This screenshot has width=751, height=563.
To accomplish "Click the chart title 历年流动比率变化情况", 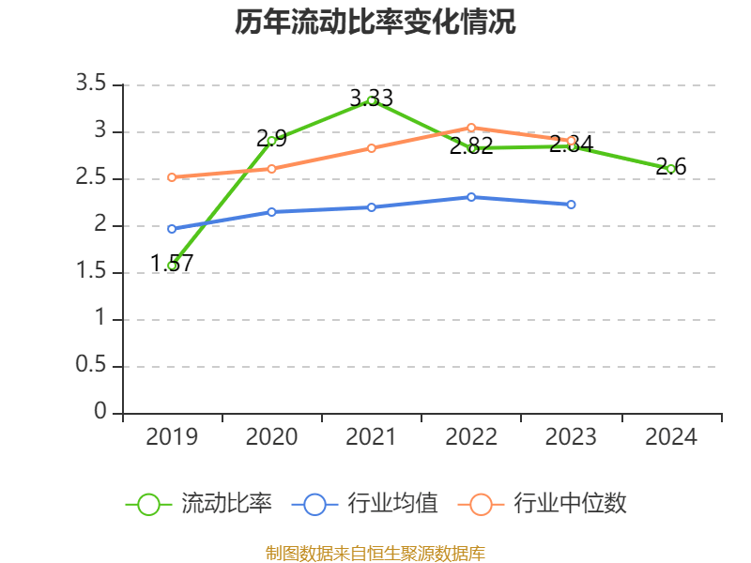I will click(x=375, y=23).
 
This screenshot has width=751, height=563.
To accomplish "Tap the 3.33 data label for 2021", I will click(x=371, y=98).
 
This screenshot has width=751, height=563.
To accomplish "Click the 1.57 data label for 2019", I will click(x=172, y=264).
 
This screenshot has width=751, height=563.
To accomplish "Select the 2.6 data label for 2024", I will click(x=671, y=167).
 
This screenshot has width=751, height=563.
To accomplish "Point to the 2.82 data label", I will click(x=471, y=146).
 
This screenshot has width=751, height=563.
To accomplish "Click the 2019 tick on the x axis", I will click(x=172, y=437).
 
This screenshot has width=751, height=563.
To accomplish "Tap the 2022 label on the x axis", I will click(x=471, y=437).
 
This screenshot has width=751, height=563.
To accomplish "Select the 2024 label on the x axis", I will click(x=671, y=437).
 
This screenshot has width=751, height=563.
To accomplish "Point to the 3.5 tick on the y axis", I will click(x=92, y=84).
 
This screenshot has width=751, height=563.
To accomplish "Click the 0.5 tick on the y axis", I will click(x=92, y=366).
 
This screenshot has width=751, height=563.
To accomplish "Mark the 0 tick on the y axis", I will click(x=101, y=413).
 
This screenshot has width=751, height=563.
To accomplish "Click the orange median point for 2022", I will click(x=471, y=127).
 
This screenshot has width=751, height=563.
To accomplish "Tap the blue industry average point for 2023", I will click(x=571, y=204).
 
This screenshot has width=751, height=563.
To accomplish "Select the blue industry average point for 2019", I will click(x=172, y=228).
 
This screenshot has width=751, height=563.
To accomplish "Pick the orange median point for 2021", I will click(x=372, y=148).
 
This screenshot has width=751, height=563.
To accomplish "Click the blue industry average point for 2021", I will click(x=372, y=206).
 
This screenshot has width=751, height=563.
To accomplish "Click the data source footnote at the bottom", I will click(x=375, y=553).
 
